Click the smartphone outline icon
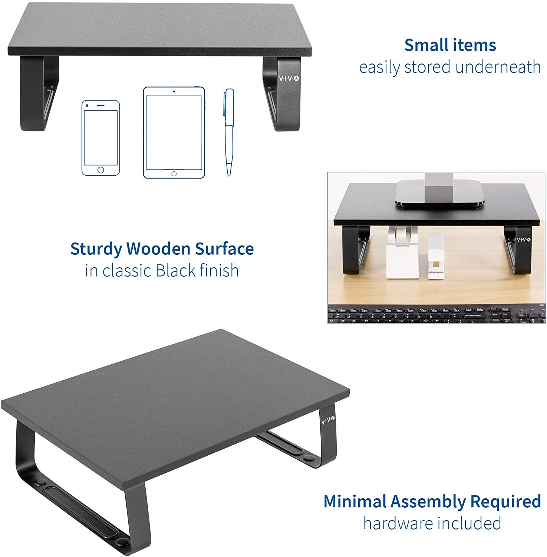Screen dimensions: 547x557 (x=100, y=137)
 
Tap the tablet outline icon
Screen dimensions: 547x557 (x=174, y=133)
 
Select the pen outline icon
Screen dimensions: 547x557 (x=229, y=132)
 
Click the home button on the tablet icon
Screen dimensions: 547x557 (x=174, y=173)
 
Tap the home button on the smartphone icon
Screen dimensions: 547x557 (x=100, y=170)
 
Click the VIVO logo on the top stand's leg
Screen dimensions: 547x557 (x=290, y=78)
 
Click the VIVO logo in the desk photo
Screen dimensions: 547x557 (x=524, y=240)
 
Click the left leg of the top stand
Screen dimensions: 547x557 (x=33, y=93)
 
